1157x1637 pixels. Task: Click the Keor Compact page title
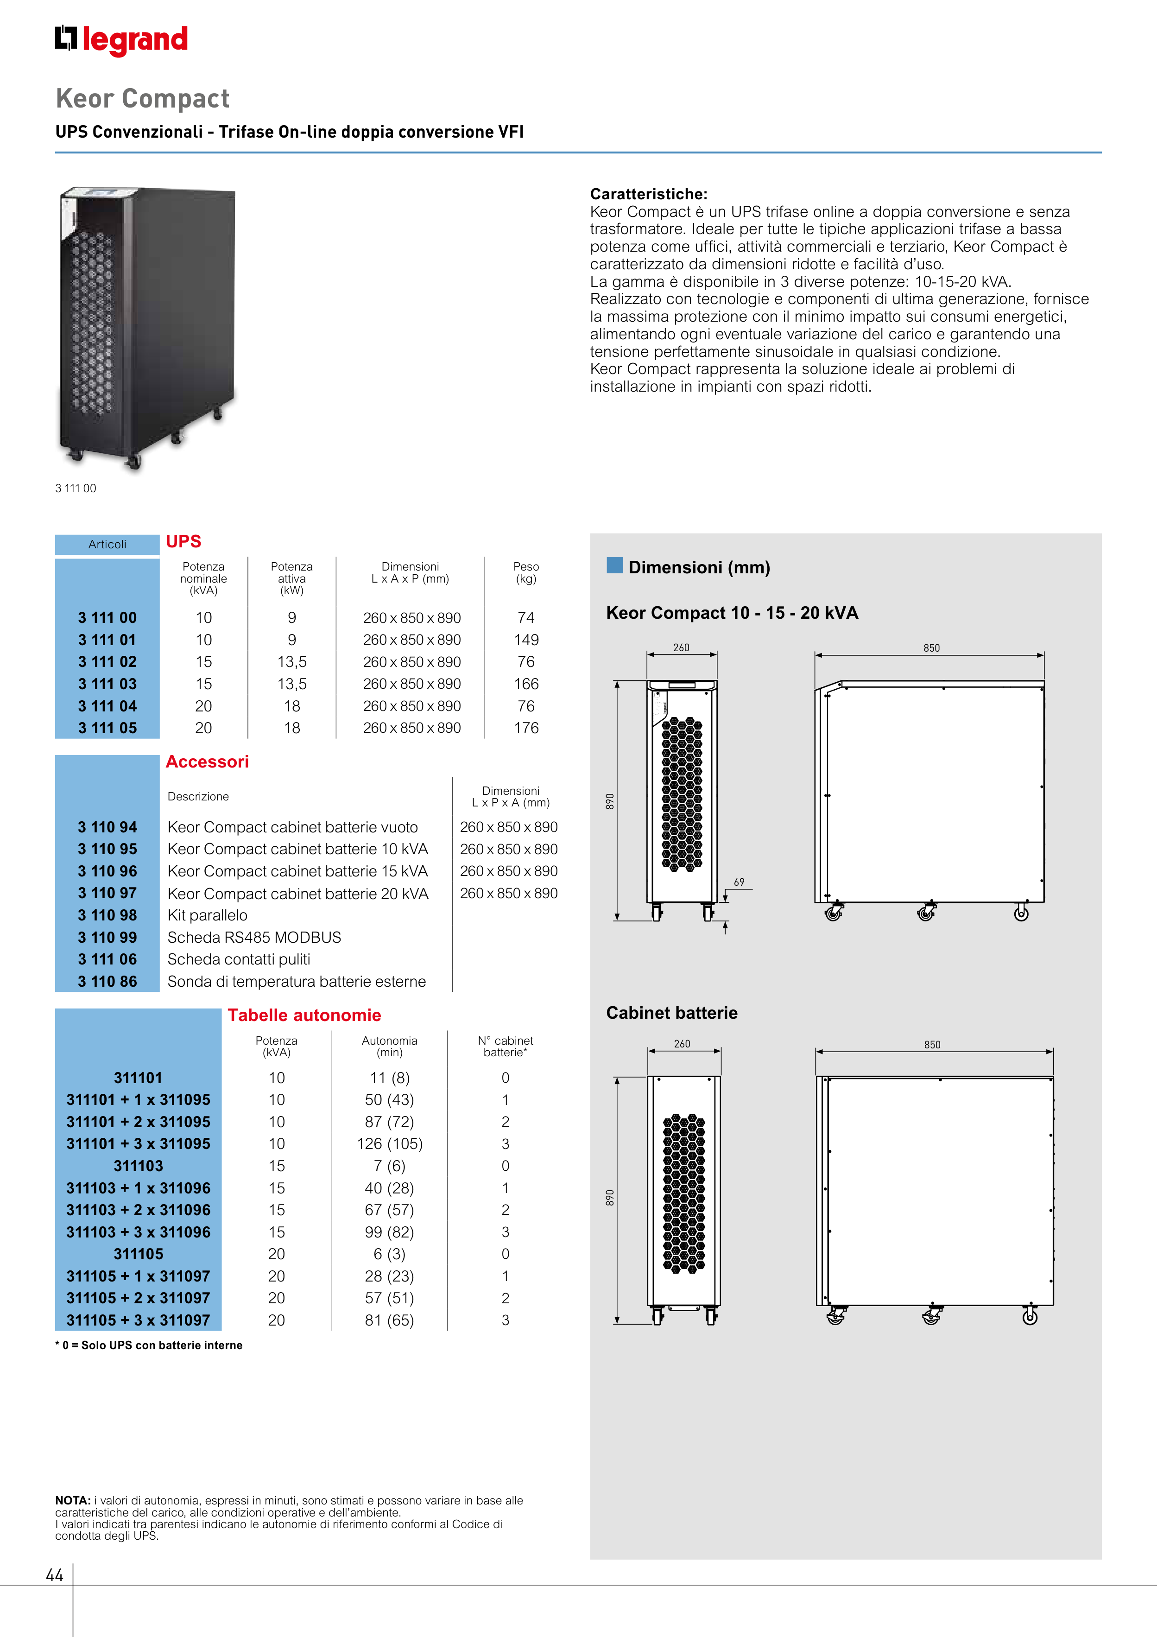pos(143,98)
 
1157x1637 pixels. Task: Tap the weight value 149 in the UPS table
pos(526,640)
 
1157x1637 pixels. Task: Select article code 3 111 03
pos(107,684)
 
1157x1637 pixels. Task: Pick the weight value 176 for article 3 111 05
pos(526,728)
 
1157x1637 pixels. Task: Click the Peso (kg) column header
pos(526,572)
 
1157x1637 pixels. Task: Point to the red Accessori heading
pos(207,761)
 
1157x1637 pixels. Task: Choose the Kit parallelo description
pos(208,915)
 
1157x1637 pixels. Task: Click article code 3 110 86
pos(107,982)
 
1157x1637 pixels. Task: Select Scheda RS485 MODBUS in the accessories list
pos(254,938)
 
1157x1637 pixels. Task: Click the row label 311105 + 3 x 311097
pos(138,1320)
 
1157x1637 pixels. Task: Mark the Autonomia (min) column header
pos(389,1047)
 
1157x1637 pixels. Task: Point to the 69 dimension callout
pos(739,882)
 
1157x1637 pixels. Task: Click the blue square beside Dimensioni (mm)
pos(614,565)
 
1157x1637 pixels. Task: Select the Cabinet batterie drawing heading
pos(671,1013)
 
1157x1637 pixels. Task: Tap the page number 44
pos(54,1575)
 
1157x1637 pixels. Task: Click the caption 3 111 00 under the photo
pos(76,489)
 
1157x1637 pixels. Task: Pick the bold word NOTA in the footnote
pos(72,1501)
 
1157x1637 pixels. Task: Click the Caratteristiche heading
pos(649,194)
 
